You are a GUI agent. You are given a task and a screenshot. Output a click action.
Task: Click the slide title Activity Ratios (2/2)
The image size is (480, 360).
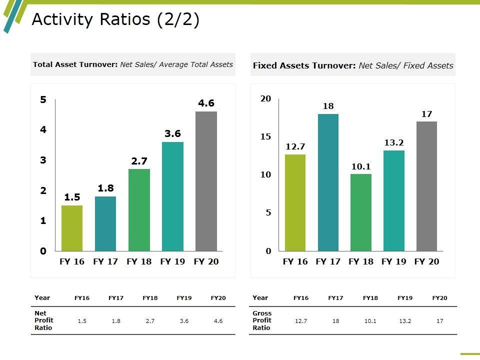coord(115,19)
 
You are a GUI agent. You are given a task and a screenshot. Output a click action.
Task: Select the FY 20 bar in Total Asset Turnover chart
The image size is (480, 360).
coord(206,181)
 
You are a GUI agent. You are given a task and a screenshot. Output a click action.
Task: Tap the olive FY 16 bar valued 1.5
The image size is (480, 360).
coord(72,228)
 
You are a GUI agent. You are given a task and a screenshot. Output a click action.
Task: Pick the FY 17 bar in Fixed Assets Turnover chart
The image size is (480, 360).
coord(328,182)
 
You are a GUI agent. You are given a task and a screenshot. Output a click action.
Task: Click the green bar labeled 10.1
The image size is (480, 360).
coord(360,212)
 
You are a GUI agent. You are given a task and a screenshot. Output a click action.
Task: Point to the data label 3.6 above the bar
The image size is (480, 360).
coord(172,134)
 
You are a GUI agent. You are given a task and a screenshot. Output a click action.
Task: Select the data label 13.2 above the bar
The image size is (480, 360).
coord(394,143)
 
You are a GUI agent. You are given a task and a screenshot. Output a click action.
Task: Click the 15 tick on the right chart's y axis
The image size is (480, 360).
coord(265,137)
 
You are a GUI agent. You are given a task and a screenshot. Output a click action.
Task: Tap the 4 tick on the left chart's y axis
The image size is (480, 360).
coord(43,130)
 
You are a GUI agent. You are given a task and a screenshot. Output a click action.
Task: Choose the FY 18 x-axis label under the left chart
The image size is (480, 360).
coord(139,261)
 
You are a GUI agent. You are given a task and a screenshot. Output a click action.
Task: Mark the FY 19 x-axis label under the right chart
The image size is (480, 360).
coord(394,261)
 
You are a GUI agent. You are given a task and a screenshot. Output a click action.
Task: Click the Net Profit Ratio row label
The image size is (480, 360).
coord(44,320)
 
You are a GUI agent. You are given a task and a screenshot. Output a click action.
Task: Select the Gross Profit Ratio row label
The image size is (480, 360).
coord(262,320)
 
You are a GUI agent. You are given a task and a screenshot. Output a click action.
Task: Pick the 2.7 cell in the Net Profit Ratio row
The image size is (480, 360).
coord(150,321)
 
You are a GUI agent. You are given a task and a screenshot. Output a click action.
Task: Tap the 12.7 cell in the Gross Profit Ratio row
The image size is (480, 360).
coord(301,321)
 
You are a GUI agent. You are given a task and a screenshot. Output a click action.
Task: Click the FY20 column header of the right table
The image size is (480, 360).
coord(439,298)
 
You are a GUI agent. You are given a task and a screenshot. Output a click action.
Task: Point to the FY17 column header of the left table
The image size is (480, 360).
coord(116,298)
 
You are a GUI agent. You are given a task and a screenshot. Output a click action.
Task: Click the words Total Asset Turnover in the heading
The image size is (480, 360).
coord(75,64)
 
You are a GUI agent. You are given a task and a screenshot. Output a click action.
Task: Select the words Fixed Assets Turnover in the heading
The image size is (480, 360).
coord(304,65)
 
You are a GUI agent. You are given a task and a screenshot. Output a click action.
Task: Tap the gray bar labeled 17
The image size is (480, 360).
coord(426,186)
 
